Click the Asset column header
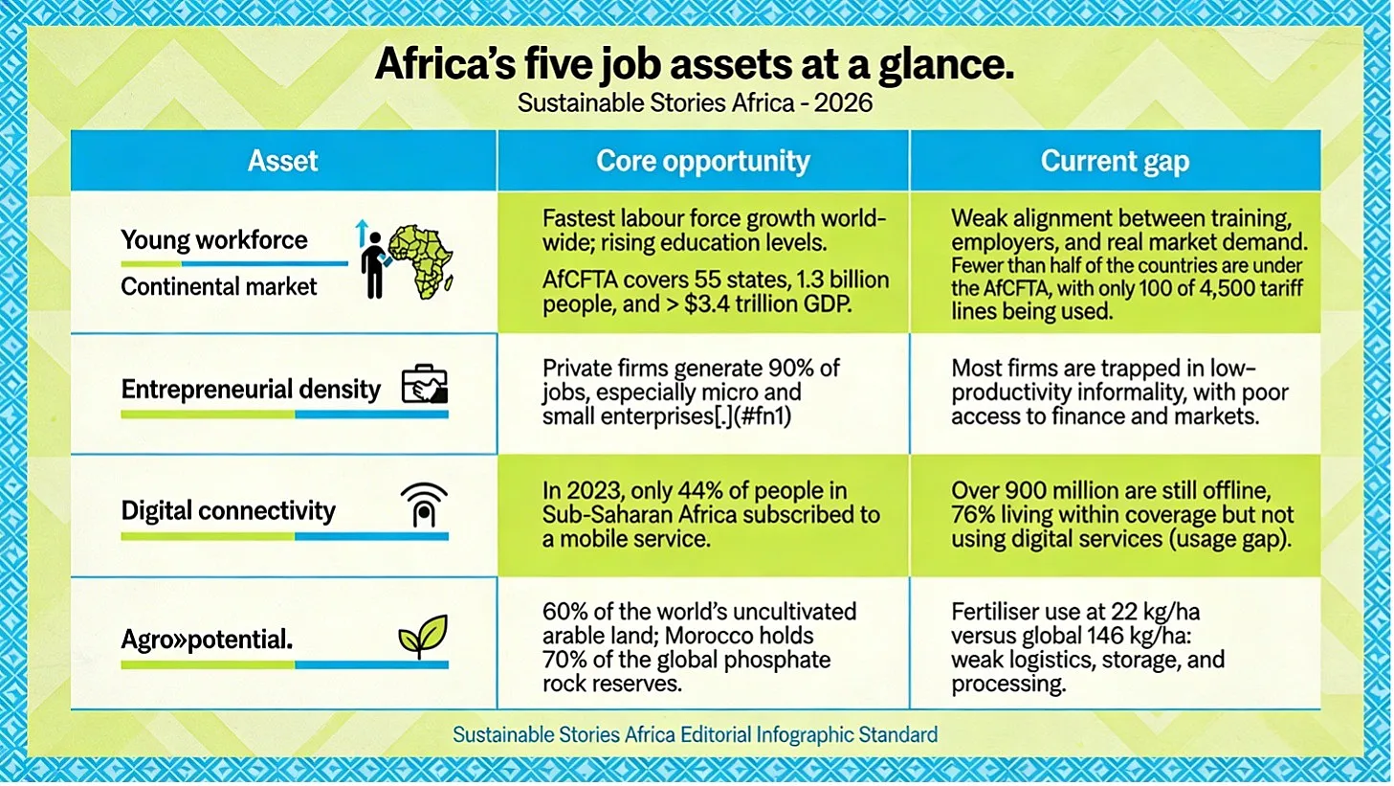coord(282,161)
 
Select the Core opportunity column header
coord(702,161)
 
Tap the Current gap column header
coord(1115,161)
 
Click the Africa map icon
coord(421,261)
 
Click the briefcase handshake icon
coord(425,384)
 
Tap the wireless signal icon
coord(424,505)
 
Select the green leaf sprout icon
coord(423,636)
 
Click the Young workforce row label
coord(214,240)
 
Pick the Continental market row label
coord(219,286)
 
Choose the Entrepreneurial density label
coord(251,390)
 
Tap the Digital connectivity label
coord(229,510)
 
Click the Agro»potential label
coord(207,639)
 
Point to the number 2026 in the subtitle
coord(843,102)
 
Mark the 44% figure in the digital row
coord(696,491)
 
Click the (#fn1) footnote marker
coord(763,416)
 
